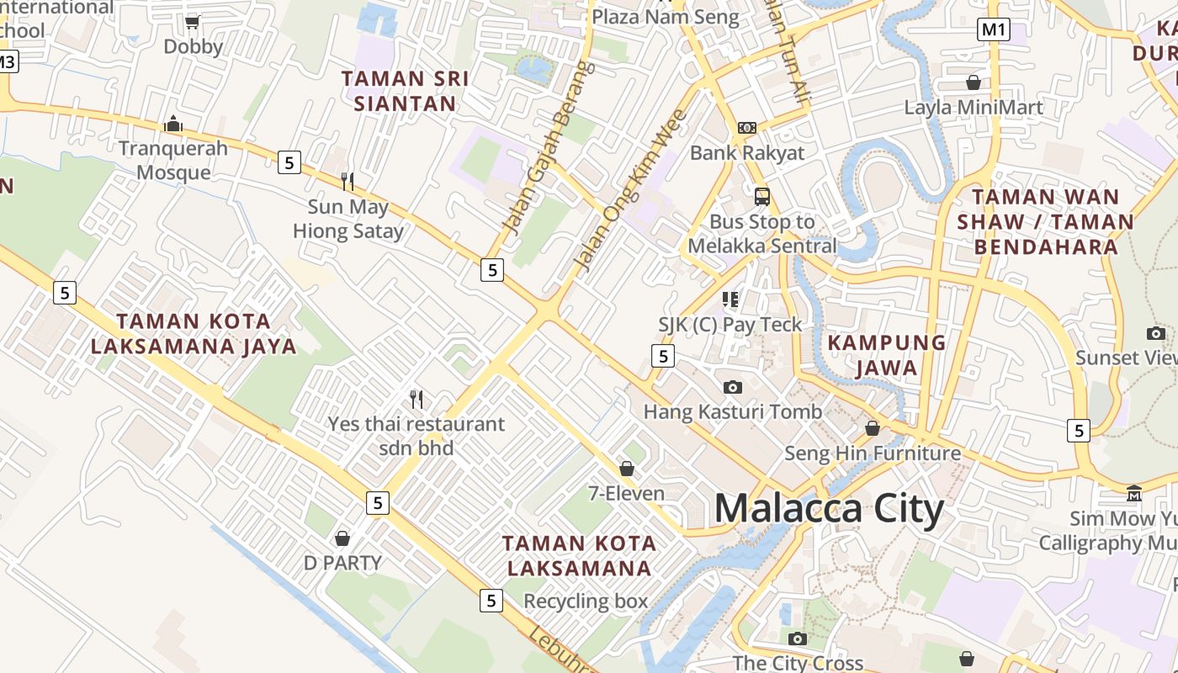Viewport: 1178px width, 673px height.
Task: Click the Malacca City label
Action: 829,509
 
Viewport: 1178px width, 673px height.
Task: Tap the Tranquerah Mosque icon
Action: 174,125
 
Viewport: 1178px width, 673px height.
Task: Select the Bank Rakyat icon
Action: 747,128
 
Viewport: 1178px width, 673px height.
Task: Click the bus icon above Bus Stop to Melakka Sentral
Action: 762,198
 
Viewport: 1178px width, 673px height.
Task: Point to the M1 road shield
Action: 994,30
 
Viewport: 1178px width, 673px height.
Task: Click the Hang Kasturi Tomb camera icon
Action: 733,387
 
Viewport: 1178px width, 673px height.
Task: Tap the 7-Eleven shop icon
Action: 626,469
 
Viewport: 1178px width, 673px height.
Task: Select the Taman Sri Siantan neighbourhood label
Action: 405,91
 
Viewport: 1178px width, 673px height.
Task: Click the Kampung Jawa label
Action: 887,355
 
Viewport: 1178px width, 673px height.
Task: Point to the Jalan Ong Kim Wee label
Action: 629,191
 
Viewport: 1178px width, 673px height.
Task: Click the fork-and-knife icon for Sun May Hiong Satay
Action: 347,181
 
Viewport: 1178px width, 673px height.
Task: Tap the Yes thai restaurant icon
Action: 417,399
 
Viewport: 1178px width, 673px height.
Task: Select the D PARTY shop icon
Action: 342,538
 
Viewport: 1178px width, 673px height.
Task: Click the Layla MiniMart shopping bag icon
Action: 974,82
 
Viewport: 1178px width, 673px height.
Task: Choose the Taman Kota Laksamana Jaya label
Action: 194,333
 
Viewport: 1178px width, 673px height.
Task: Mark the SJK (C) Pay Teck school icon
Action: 730,299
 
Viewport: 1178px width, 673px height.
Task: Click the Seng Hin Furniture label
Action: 873,453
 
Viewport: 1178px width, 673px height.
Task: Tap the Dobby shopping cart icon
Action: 193,22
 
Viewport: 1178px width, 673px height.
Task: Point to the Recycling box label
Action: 586,601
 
